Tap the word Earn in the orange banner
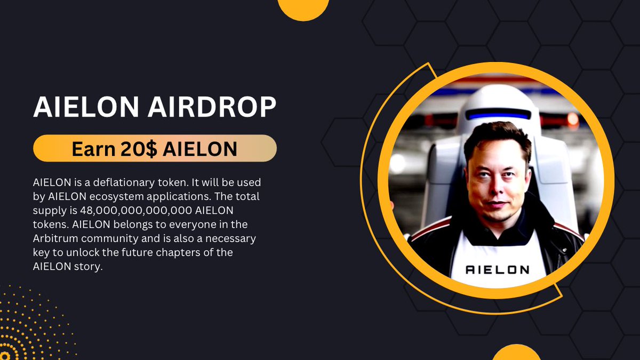[x=92, y=149]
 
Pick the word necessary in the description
[x=233, y=238]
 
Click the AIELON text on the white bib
[x=497, y=270]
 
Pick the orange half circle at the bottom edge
[x=516, y=353]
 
